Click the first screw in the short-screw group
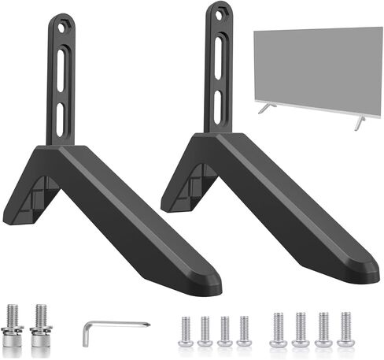click(x=186, y=331)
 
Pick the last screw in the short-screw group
click(x=244, y=331)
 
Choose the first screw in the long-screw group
click(x=277, y=330)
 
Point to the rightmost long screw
click(x=345, y=330)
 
